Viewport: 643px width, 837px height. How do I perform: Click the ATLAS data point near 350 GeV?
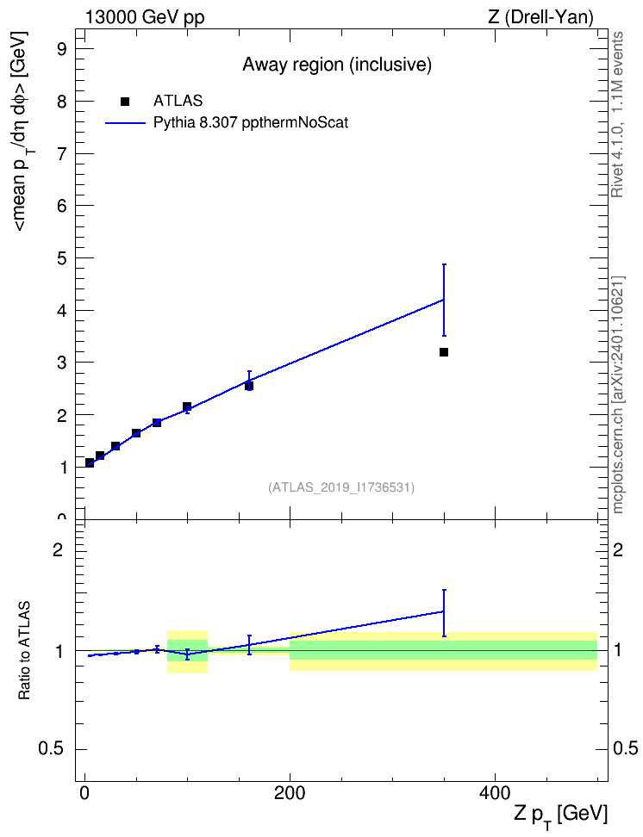[444, 352]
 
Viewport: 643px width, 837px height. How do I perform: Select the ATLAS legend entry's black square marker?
[125, 102]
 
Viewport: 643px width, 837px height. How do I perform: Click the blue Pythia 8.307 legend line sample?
[126, 123]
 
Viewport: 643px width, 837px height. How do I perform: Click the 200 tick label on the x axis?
[290, 793]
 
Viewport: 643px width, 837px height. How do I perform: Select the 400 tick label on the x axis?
[495, 793]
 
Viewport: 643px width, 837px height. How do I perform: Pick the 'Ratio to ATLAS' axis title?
[24, 650]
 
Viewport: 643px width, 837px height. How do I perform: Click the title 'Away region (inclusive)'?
[337, 65]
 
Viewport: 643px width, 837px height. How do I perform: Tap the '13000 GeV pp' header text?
[145, 17]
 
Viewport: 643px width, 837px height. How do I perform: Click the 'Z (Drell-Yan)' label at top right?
[540, 17]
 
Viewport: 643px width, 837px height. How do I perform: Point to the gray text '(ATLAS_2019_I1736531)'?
[341, 487]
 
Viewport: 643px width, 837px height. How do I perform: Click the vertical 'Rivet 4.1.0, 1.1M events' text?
[617, 115]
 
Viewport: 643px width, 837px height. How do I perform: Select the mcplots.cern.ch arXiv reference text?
[617, 394]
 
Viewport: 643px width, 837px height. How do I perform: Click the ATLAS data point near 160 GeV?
[249, 386]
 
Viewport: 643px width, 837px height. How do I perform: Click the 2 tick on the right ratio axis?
[618, 549]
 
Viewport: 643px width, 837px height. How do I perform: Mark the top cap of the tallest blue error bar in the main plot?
[444, 264]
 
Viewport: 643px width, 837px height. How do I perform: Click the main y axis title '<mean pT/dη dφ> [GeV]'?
[21, 131]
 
